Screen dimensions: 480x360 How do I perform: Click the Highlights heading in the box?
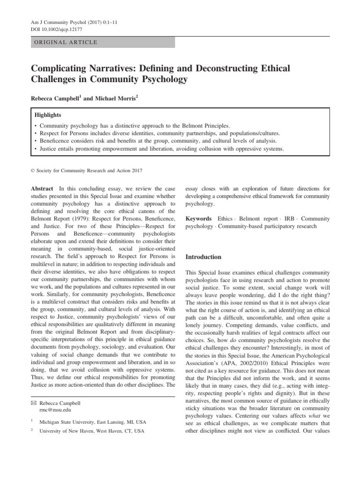48,114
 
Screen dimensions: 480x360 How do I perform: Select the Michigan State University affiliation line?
92,422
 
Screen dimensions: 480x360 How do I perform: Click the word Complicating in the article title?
61,68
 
